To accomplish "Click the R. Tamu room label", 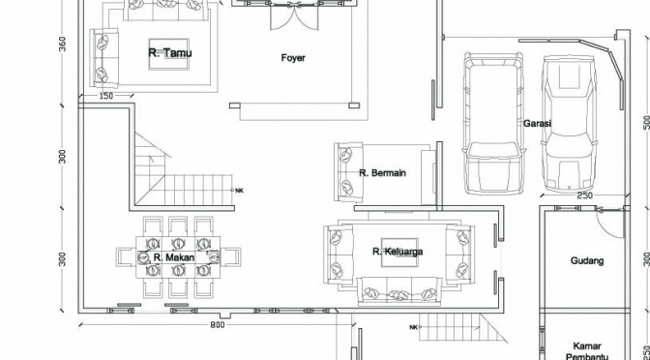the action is pyautogui.click(x=170, y=52).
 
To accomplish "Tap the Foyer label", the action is pyautogui.click(x=293, y=58).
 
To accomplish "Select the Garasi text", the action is pyautogui.click(x=537, y=123).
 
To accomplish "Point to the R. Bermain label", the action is pyautogui.click(x=382, y=173).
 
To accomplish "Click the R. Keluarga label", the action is pyautogui.click(x=398, y=252).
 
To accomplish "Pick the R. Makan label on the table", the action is pyautogui.click(x=174, y=257).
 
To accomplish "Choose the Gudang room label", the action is pyautogui.click(x=587, y=261).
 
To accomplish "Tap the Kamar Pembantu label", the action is pyautogui.click(x=586, y=351).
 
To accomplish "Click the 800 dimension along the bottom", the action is pyautogui.click(x=218, y=325).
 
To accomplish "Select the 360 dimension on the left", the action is pyautogui.click(x=62, y=45).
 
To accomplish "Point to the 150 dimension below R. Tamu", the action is pyautogui.click(x=106, y=96).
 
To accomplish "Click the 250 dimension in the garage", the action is pyautogui.click(x=584, y=195).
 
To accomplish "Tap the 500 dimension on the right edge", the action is pyautogui.click(x=646, y=122).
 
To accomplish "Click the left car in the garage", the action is pyautogui.click(x=493, y=123).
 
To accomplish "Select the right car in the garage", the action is pyautogui.click(x=569, y=123).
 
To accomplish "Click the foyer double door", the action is pyautogui.click(x=294, y=17).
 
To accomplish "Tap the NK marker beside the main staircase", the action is pyautogui.click(x=239, y=191).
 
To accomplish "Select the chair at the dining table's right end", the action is pyautogui.click(x=230, y=257).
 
